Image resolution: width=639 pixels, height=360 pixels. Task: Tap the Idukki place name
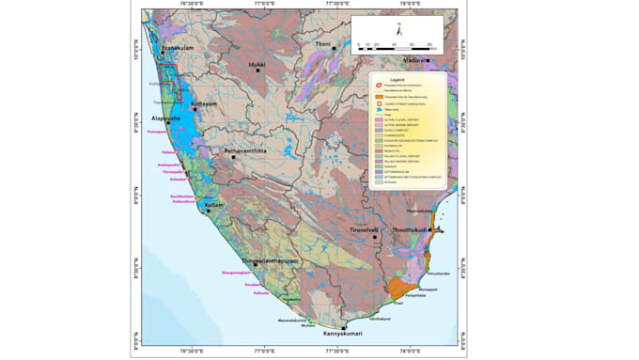pos(257,65)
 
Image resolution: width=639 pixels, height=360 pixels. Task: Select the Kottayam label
pos(204,104)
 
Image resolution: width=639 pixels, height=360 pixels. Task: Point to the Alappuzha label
pos(172,120)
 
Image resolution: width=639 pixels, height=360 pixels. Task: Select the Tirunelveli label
pos(395,229)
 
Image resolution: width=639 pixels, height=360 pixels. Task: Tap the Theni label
pos(322,44)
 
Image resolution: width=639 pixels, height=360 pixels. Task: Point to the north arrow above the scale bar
pos(398,31)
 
